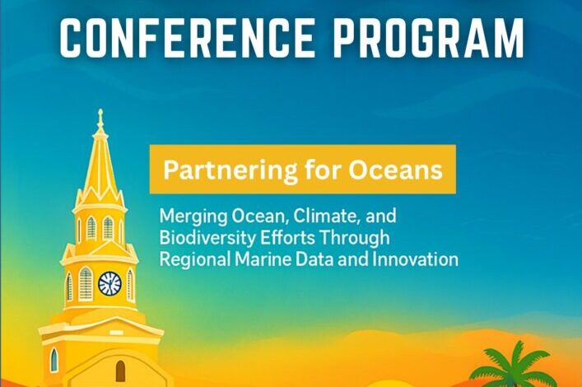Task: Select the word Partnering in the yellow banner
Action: point(230,170)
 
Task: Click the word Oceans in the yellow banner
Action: point(395,170)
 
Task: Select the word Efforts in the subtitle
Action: point(287,238)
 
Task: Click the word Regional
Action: point(195,259)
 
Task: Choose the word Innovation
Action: point(416,259)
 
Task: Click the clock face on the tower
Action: point(109,284)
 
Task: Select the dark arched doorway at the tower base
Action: point(121,371)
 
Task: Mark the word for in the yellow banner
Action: point(323,170)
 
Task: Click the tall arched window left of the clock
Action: point(86,284)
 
